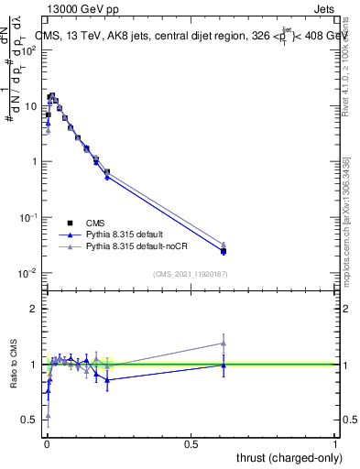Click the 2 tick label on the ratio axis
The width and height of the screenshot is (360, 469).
34,309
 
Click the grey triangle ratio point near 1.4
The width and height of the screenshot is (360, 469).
224,344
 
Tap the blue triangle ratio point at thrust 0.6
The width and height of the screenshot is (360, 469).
224,365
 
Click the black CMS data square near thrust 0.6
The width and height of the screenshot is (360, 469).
224,251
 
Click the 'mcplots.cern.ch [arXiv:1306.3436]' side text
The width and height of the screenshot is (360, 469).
345,220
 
